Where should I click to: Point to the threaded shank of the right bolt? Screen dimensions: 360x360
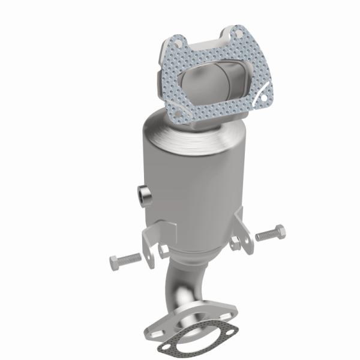[x=265, y=235]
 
